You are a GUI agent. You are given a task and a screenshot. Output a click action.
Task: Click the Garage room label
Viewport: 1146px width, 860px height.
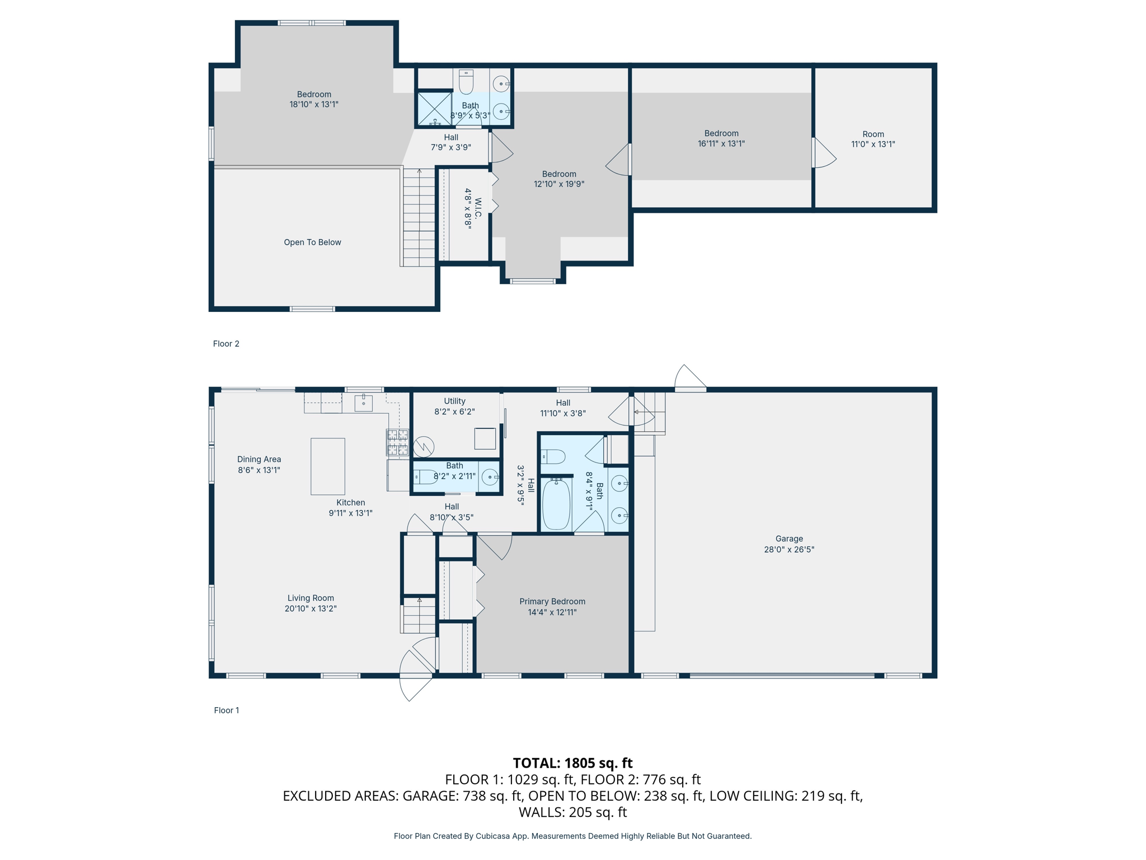click(x=788, y=539)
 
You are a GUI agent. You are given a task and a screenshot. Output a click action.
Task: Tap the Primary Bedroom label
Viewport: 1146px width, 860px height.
click(x=552, y=601)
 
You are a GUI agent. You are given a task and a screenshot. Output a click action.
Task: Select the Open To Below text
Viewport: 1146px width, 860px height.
click(x=312, y=242)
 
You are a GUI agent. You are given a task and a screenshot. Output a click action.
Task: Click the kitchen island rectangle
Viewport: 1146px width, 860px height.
click(x=328, y=466)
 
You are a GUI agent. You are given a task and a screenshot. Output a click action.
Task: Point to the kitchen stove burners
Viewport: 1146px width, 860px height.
click(x=397, y=442)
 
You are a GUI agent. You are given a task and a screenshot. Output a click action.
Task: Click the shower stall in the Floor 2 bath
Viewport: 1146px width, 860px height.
click(x=434, y=109)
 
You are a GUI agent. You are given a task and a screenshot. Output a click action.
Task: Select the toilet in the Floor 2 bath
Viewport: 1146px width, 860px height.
click(x=466, y=82)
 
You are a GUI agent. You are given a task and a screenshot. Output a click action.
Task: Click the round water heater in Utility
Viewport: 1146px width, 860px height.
click(x=424, y=447)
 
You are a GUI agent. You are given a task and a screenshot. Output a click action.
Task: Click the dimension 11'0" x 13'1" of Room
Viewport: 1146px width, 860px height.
click(x=873, y=144)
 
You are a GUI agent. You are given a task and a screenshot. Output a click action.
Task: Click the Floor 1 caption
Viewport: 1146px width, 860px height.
click(x=226, y=710)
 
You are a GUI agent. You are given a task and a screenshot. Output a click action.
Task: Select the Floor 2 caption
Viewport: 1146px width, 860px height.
click(x=226, y=344)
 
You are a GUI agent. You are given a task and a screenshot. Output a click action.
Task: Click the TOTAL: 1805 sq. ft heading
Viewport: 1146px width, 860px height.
click(x=572, y=763)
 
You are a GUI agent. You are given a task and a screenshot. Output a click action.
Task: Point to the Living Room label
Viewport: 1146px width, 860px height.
click(x=311, y=598)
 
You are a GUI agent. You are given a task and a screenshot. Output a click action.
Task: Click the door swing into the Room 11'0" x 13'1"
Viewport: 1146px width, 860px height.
click(x=824, y=153)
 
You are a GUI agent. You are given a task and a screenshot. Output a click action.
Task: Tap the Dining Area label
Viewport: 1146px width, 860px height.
click(x=259, y=459)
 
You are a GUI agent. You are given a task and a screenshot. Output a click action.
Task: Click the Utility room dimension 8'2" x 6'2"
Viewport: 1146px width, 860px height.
click(x=454, y=412)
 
